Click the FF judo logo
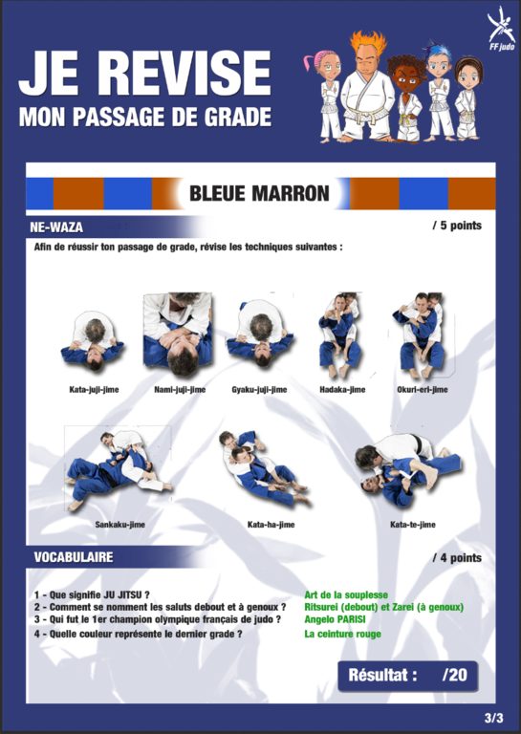(x=501, y=28)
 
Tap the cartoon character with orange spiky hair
(x=368, y=86)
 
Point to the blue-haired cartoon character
(x=438, y=92)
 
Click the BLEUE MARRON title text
(x=259, y=193)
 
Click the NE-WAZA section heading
(x=56, y=227)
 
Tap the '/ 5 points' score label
(x=457, y=226)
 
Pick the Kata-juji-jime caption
(x=94, y=390)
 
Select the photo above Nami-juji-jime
(x=178, y=335)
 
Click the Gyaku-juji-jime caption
(x=259, y=390)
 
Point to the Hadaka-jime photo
(x=340, y=335)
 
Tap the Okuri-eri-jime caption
(x=423, y=390)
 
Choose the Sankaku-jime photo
(x=119, y=469)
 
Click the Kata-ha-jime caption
(x=271, y=525)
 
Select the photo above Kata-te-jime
(x=408, y=469)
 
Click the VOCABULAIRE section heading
(x=74, y=557)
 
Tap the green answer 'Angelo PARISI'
(x=335, y=619)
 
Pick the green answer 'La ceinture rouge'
(x=342, y=634)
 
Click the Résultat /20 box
(x=408, y=676)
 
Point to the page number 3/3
(x=494, y=718)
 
